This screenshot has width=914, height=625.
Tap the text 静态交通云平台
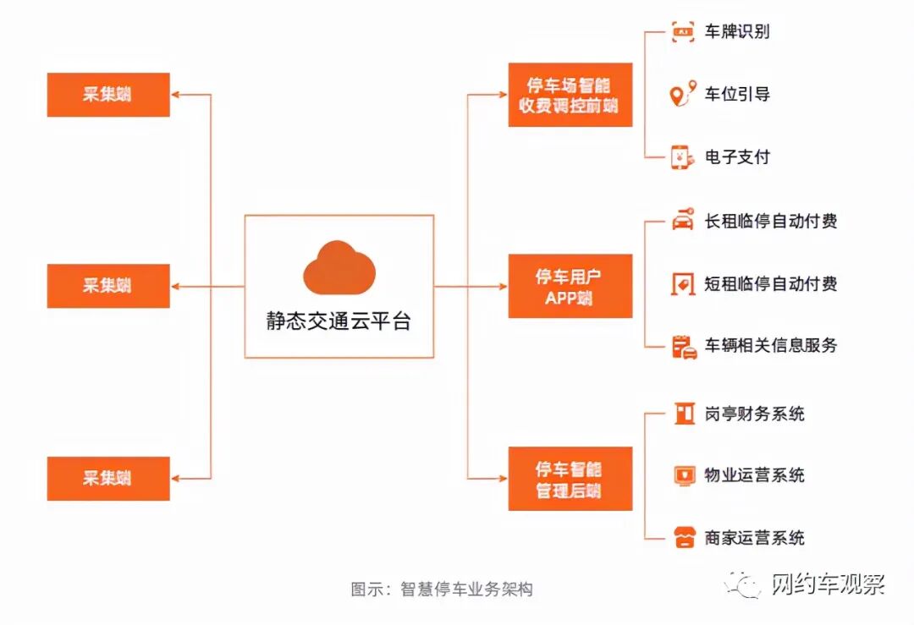pos(339,322)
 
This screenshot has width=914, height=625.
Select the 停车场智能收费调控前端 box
pos(570,95)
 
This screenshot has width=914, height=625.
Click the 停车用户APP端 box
pos(570,286)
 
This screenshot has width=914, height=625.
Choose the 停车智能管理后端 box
pos(570,479)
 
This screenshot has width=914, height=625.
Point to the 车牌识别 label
pos(737,32)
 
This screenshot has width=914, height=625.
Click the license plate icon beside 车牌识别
pos(683,32)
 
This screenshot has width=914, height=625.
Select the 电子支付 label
pos(737,156)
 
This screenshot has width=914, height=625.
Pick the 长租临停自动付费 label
pos(771,221)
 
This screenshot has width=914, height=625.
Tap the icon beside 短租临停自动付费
pos(682,283)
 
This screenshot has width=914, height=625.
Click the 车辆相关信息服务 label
pos(771,345)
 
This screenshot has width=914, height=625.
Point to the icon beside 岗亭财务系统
pos(682,414)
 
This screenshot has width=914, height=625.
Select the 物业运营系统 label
pos(754,475)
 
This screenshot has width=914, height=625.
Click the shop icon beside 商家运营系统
pos(683,537)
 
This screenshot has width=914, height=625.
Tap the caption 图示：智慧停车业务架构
pos(442,589)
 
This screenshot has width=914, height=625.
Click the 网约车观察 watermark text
pos(828,584)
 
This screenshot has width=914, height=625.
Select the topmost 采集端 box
pos(108,95)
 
